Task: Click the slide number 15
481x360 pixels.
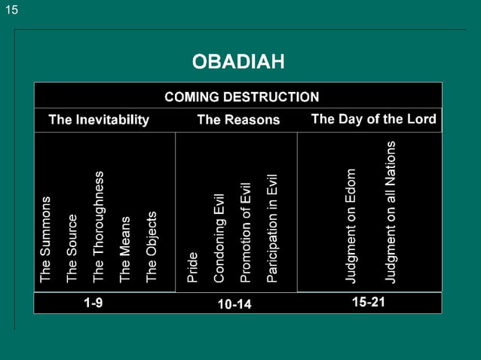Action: pyautogui.click(x=12, y=10)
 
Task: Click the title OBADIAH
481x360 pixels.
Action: pyautogui.click(x=238, y=61)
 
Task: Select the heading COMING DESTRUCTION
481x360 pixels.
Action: pyautogui.click(x=241, y=96)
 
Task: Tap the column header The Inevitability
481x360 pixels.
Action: pyautogui.click(x=99, y=120)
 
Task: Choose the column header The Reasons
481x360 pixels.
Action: pyautogui.click(x=238, y=120)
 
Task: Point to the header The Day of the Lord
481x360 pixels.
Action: pyautogui.click(x=373, y=119)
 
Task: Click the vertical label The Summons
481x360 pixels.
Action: pyautogui.click(x=46, y=240)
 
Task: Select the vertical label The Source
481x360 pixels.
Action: pyautogui.click(x=72, y=249)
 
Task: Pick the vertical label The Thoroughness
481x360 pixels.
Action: pyautogui.click(x=99, y=227)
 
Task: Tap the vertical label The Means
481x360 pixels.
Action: pyautogui.click(x=125, y=250)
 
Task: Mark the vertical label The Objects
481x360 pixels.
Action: pyautogui.click(x=152, y=247)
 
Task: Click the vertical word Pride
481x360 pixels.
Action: pyautogui.click(x=192, y=267)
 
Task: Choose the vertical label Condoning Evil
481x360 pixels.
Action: pyautogui.click(x=219, y=238)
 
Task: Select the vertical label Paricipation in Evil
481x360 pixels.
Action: pyautogui.click(x=272, y=228)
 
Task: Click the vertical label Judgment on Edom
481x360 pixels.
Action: pyautogui.click(x=351, y=226)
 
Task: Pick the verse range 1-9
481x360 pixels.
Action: pyautogui.click(x=93, y=302)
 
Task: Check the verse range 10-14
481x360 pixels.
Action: pyautogui.click(x=234, y=304)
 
